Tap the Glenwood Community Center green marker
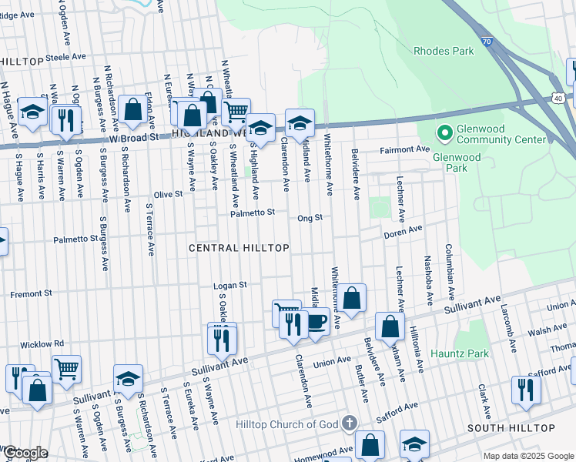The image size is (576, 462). coord(444,133)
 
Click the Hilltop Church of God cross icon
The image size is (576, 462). coord(350,423)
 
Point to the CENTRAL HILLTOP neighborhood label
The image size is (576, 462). coord(239,248)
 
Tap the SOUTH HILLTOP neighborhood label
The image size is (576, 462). coord(511,427)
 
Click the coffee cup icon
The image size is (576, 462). coord(317,320)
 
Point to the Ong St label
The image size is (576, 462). coord(310,218)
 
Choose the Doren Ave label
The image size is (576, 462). coord(404,230)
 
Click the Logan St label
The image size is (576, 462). coord(229,285)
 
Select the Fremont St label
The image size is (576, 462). coord(31,293)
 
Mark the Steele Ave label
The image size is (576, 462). coord(65,57)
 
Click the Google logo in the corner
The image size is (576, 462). coord(25,453)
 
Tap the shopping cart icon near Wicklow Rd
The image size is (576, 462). coord(67,368)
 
